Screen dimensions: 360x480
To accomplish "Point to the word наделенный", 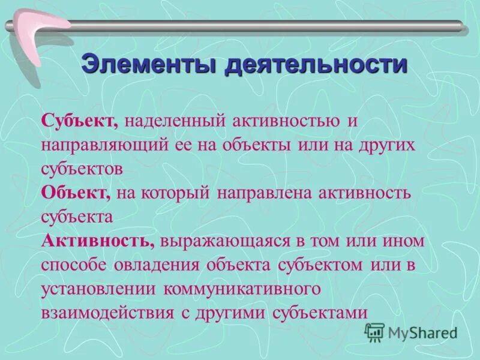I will pos(173,120).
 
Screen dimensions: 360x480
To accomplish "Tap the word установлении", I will pos(96,289).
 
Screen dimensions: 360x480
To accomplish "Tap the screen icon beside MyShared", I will pos(375,332).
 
